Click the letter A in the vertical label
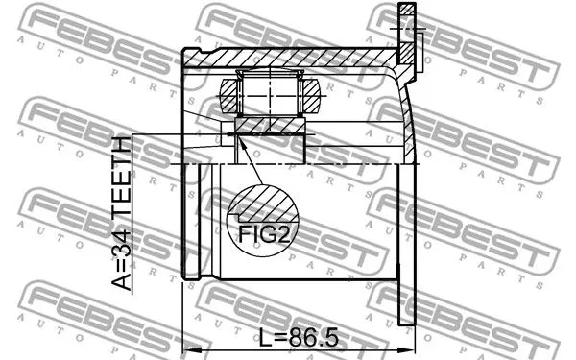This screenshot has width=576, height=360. click(x=122, y=280)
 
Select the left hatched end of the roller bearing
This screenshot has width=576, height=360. click(x=229, y=96)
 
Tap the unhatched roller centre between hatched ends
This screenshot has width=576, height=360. click(x=270, y=96)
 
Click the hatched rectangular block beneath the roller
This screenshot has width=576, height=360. click(x=270, y=126)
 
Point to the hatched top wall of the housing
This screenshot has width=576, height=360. click(x=288, y=58)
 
